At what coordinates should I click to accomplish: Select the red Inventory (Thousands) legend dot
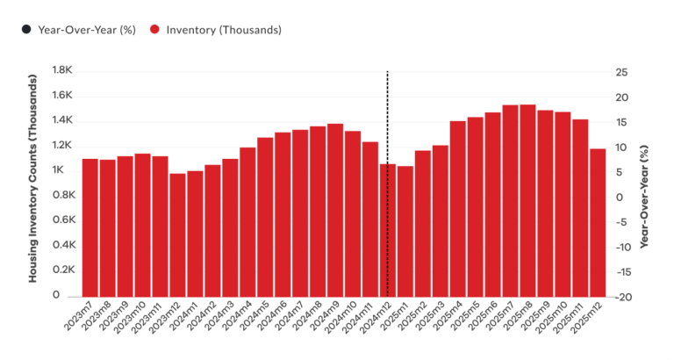click(x=153, y=30)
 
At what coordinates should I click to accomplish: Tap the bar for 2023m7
click(x=90, y=227)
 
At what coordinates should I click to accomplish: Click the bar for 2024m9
click(x=335, y=210)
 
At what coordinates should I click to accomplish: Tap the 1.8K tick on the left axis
click(x=63, y=71)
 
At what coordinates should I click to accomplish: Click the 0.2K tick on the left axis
click(x=63, y=271)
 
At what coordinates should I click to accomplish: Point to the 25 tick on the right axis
click(x=620, y=71)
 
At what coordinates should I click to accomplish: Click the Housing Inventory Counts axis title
click(x=33, y=184)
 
